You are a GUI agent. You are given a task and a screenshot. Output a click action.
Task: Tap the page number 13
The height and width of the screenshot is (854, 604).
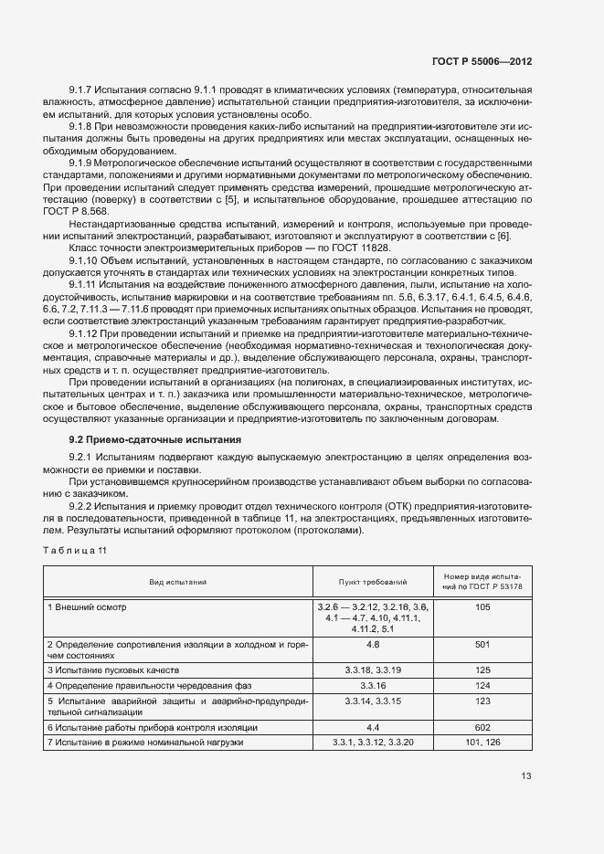click(525, 776)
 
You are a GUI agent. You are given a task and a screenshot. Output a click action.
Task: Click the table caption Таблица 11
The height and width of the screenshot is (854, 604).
click(76, 549)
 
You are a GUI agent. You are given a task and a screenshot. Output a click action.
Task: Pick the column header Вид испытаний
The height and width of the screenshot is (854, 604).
click(178, 581)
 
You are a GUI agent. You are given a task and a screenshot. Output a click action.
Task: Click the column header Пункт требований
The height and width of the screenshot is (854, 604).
click(372, 581)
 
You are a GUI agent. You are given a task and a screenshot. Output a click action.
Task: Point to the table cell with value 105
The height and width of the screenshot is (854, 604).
click(483, 606)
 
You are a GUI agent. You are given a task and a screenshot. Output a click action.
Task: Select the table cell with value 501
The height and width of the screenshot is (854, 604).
click(483, 645)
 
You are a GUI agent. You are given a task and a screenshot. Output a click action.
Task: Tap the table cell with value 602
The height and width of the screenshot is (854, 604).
click(483, 727)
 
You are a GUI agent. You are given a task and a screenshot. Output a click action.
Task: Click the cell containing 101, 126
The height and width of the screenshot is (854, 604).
click(483, 743)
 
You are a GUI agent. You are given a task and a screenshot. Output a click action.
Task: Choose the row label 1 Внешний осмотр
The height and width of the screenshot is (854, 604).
click(88, 606)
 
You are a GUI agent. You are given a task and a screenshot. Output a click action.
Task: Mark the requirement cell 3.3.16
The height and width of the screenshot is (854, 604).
click(372, 685)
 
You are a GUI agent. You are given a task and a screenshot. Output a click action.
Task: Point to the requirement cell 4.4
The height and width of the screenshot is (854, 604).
click(372, 727)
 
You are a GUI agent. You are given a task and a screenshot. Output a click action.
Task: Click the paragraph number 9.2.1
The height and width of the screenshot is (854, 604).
click(82, 455)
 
